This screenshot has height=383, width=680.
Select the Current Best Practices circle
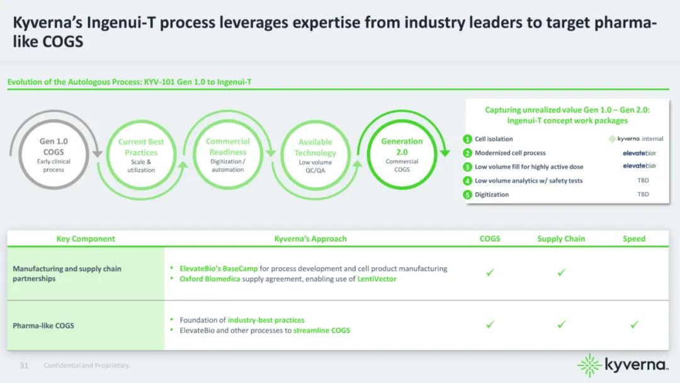tap(141, 156)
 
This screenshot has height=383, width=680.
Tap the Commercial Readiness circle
tap(228, 154)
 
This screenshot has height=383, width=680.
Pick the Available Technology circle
tap(315, 156)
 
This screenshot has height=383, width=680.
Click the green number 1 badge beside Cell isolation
tap(468, 139)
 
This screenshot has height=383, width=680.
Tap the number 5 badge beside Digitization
tap(468, 195)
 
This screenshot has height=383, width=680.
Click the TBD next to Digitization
tap(643, 195)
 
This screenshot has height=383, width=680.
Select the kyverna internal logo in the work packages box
tap(635, 139)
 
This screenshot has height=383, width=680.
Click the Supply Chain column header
tap(561, 239)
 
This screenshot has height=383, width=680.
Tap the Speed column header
tap(634, 239)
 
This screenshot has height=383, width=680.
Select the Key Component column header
tap(86, 239)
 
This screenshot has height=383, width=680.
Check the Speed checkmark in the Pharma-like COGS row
tap(634, 324)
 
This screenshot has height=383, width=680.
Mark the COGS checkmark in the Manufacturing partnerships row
tap(490, 273)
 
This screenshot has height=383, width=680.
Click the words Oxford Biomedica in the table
tap(210, 278)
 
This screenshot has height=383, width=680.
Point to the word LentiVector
tap(377, 278)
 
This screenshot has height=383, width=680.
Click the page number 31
tap(25, 365)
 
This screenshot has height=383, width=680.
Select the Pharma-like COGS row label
tap(43, 326)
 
